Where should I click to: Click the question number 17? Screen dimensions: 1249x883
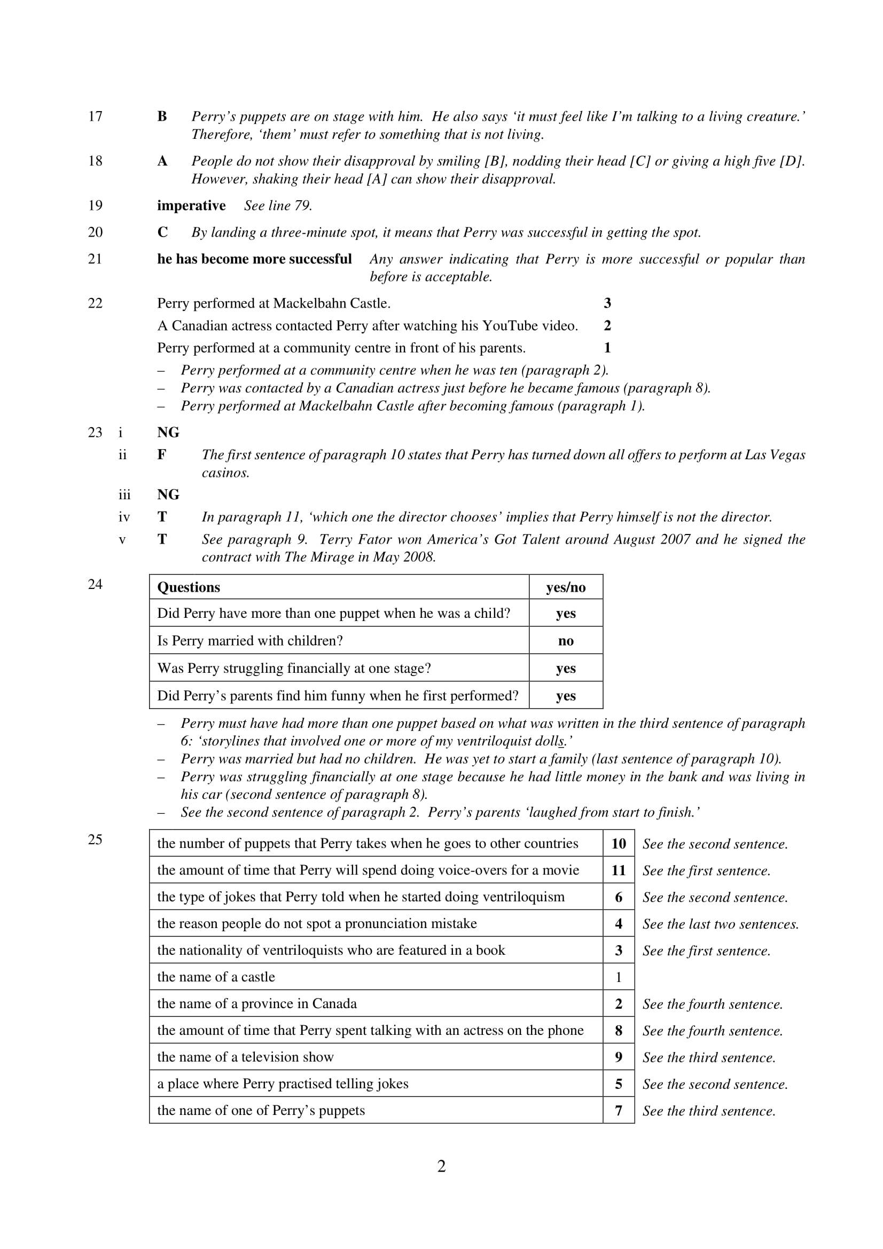[95, 116]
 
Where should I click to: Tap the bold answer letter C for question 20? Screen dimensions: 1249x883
[163, 232]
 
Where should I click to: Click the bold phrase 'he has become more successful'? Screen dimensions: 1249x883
[254, 259]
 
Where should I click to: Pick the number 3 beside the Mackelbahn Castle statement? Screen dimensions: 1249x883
[607, 303]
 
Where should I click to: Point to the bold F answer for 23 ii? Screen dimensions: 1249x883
[161, 455]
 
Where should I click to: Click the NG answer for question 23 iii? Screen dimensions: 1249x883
[168, 494]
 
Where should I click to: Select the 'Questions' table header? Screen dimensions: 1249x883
[189, 587]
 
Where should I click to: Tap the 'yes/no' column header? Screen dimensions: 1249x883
[565, 587]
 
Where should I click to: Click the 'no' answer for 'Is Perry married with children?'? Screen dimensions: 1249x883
[565, 641]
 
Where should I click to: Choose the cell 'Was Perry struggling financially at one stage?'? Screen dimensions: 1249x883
[294, 668]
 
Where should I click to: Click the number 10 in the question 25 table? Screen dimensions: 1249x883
[619, 844]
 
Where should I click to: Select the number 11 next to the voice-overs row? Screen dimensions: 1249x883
[619, 870]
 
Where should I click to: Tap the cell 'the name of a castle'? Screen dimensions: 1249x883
[216, 977]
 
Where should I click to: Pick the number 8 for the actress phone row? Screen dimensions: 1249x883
[619, 1030]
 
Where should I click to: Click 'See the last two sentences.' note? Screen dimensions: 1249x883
[720, 924]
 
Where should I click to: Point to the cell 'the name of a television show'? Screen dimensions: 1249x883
[245, 1057]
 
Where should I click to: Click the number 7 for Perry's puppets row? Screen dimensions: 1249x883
[619, 1110]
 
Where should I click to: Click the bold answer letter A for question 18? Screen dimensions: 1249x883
[162, 161]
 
